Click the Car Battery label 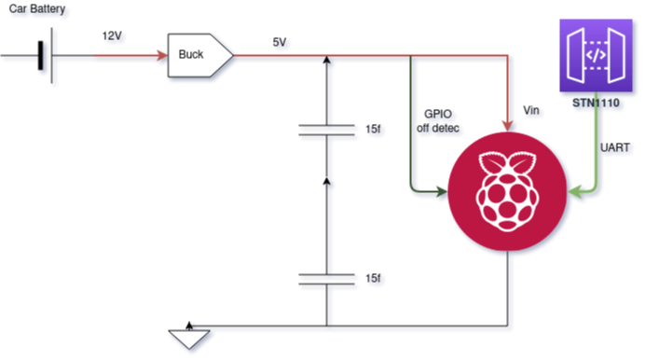coord(37,9)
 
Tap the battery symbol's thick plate coord(40,55)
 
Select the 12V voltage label coord(112,36)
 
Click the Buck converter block coord(200,55)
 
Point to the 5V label coord(280,42)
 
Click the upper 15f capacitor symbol coord(326,130)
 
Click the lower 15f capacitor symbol coord(326,279)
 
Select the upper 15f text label coord(373,130)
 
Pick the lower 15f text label coord(373,279)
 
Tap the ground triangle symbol coord(189,339)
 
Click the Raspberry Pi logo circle coord(507,191)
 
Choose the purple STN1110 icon coord(596,55)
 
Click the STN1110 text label coord(596,103)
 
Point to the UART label coord(614,147)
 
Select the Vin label coord(531,110)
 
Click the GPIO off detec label coord(438,121)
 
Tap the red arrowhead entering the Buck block coord(162,55)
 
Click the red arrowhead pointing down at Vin coord(508,126)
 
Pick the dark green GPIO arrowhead coord(442,191)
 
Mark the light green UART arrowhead coord(574,191)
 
